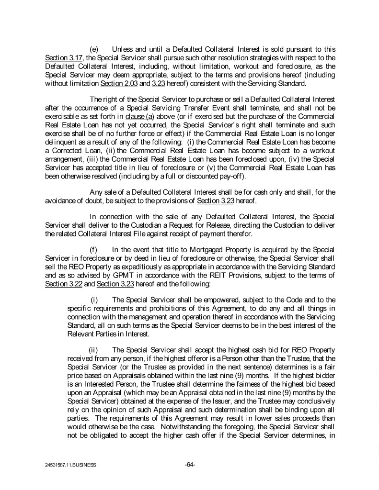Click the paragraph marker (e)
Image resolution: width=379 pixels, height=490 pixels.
click(x=94, y=49)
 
